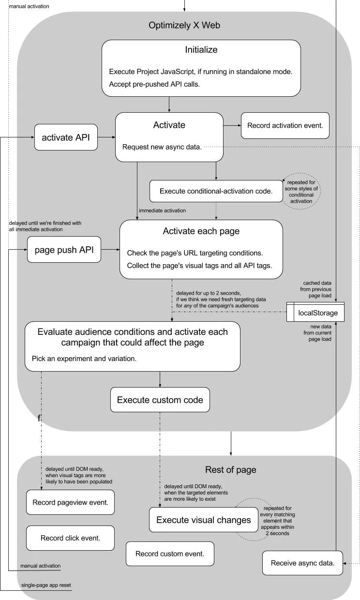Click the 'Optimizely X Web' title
184,25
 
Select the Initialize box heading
201,49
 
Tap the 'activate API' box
66,137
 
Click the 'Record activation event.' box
285,125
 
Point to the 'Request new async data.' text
162,147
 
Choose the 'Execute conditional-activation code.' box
216,191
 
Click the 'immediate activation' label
162,210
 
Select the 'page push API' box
64,250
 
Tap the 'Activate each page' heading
201,231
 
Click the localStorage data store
315,312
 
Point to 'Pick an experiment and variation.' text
84,359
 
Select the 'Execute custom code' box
160,400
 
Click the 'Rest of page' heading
231,469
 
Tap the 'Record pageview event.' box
71,502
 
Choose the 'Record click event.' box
71,538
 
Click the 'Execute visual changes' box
204,520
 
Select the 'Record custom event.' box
170,554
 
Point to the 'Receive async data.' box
303,563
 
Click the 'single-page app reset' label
46,585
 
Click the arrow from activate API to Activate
106,137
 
